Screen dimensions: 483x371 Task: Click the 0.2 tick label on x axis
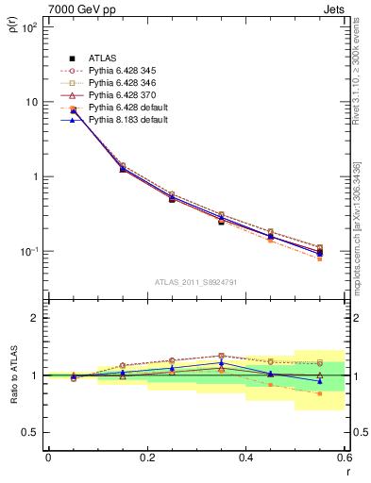(x=146, y=458)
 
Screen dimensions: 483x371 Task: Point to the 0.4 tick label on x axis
(x=245, y=458)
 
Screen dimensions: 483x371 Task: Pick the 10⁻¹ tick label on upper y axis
(x=30, y=252)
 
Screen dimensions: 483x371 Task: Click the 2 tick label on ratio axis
(x=36, y=318)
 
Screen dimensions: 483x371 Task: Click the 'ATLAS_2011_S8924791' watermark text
(x=196, y=280)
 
